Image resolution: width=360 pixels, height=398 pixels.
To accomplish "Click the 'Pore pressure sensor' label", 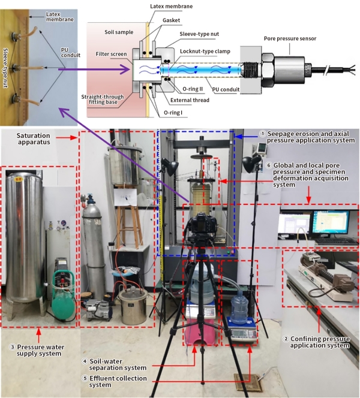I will pyautogui.click(x=290, y=39).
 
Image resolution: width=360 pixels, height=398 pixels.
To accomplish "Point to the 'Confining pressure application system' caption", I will pyautogui.click(x=319, y=342).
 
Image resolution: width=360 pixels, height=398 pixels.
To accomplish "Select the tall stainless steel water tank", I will pyautogui.click(x=22, y=240).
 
